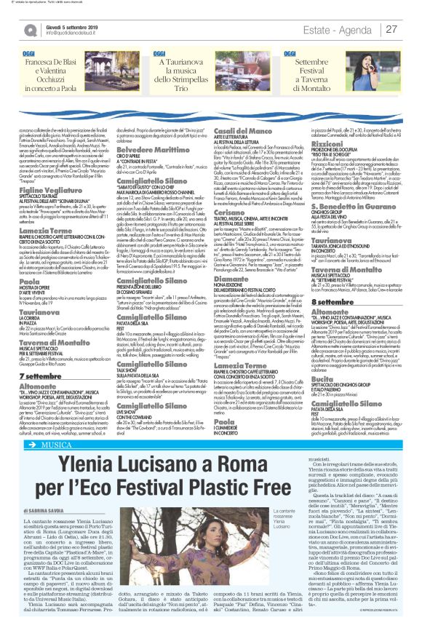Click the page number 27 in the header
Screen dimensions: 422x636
391,29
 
